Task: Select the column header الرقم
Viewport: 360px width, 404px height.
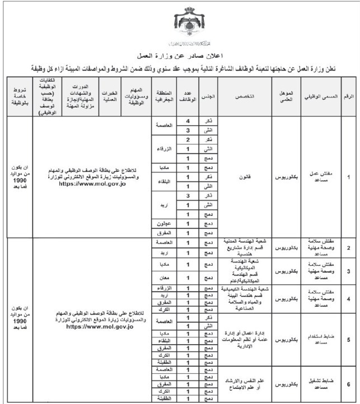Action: click(x=348, y=96)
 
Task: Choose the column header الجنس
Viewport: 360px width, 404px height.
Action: click(x=207, y=96)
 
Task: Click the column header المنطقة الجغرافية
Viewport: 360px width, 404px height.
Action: click(x=164, y=96)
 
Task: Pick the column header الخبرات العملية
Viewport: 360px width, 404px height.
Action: click(x=112, y=96)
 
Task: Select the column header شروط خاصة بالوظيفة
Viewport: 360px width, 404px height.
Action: click(x=18, y=96)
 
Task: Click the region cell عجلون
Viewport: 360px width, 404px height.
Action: click(x=164, y=223)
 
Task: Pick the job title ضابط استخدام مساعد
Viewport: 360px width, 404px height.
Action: click(x=320, y=340)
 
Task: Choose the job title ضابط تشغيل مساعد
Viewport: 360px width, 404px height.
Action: click(x=320, y=384)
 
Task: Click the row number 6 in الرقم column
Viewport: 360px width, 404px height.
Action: click(x=348, y=384)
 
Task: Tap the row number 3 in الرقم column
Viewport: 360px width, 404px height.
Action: click(x=348, y=271)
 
